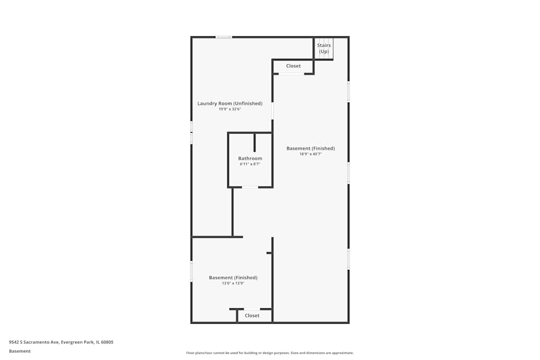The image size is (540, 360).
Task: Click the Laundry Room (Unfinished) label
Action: (230, 104)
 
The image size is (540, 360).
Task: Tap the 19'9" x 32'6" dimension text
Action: (230, 109)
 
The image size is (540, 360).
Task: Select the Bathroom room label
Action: (250, 159)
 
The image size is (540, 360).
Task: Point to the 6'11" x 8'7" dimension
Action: (250, 164)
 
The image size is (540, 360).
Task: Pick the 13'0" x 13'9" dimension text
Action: (233, 283)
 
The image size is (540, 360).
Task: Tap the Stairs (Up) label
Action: (324, 48)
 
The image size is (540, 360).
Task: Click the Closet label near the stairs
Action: (293, 66)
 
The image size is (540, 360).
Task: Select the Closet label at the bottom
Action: (252, 315)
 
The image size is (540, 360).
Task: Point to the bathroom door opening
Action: (250, 187)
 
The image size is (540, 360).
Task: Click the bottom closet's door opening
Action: (252, 309)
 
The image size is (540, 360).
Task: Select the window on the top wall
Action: (224, 37)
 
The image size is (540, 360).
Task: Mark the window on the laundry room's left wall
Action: (191, 132)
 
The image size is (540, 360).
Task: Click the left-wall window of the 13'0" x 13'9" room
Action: (191, 271)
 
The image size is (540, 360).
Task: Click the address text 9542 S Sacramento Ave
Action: (61, 342)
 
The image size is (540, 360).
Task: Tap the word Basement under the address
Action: (20, 351)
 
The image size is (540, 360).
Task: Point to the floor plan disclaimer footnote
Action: (270, 353)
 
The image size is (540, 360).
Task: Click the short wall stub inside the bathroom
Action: (255, 141)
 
